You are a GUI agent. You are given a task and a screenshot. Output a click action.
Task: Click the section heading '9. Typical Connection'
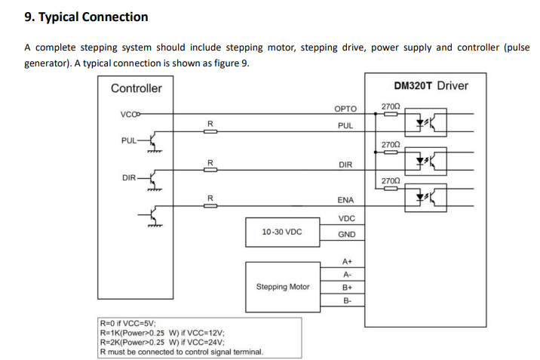pyautogui.click(x=86, y=17)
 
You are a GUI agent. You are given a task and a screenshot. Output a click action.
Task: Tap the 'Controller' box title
pyautogui.click(x=137, y=88)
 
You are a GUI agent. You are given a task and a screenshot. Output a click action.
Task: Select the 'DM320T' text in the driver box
pyautogui.click(x=413, y=85)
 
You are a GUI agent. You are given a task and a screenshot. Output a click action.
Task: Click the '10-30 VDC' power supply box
pyautogui.click(x=282, y=232)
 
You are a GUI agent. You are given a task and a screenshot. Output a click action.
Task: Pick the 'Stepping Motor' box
pyautogui.click(x=283, y=287)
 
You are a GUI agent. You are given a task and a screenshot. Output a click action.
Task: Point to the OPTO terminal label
pyautogui.click(x=345, y=109)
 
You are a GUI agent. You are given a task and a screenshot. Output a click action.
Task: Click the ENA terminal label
pyautogui.click(x=345, y=200)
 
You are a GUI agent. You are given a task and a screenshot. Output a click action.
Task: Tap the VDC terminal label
pyautogui.click(x=346, y=218)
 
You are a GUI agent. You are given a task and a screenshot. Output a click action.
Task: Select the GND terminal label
pyautogui.click(x=346, y=234)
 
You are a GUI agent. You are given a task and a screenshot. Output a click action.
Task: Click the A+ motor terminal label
pyautogui.click(x=347, y=261)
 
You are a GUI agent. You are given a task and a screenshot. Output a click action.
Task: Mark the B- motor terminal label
pyautogui.click(x=347, y=300)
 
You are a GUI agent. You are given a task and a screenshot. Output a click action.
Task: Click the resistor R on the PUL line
pyautogui.click(x=210, y=131)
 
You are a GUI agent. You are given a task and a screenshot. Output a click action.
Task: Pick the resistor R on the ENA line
pyautogui.click(x=210, y=206)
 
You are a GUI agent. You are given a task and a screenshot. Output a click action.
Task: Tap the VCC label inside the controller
pyautogui.click(x=129, y=115)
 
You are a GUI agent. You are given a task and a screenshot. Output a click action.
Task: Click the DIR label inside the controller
pyautogui.click(x=129, y=178)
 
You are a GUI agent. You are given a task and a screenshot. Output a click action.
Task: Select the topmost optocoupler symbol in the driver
pyautogui.click(x=425, y=122)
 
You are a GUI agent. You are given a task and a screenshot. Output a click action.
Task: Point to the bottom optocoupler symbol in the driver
pyautogui.click(x=425, y=198)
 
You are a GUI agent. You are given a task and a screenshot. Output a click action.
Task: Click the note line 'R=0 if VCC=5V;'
pyautogui.click(x=127, y=324)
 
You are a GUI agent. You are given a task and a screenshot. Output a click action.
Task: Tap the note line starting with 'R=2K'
pyautogui.click(x=162, y=343)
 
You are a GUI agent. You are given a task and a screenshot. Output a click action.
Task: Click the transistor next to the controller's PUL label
pyautogui.click(x=153, y=140)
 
